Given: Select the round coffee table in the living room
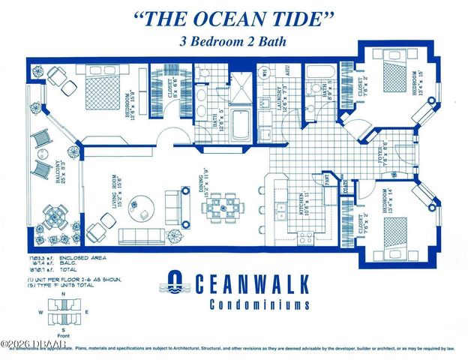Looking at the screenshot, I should [x=140, y=206].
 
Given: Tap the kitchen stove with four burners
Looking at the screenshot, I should [x=306, y=238].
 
